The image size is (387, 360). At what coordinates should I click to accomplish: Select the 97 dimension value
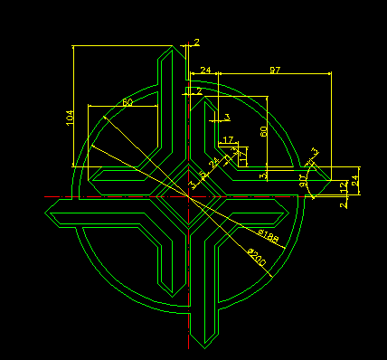(275, 69)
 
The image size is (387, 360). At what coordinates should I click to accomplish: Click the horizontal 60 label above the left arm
(127, 102)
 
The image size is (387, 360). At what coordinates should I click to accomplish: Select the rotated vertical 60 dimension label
(263, 131)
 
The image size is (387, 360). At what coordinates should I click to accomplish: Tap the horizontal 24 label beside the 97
(205, 69)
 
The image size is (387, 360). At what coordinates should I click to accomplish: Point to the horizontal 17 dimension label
(227, 139)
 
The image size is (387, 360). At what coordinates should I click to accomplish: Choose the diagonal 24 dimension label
(212, 164)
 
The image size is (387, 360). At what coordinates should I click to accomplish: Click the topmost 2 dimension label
(196, 43)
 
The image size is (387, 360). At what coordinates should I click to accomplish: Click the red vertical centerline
(188, 271)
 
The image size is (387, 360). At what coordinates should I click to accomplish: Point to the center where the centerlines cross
(188, 193)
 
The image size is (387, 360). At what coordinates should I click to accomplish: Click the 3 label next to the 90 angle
(315, 152)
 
